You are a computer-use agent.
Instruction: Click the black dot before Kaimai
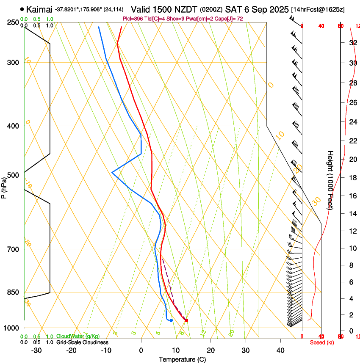point(22,9)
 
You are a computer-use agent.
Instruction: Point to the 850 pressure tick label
point(14,292)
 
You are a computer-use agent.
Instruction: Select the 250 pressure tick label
point(14,22)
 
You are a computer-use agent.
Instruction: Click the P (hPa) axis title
point(4,186)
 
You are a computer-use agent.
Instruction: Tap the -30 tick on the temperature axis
point(36,350)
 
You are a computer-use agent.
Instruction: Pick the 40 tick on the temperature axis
point(280,350)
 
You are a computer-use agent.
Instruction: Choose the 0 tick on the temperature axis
point(141,350)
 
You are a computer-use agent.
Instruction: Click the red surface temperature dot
point(186,320)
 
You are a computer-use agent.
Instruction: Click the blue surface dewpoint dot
point(171,320)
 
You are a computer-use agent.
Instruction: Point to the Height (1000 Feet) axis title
point(330,180)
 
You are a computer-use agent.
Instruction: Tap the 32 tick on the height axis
point(352,43)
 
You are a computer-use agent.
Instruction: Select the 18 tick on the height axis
point(352,178)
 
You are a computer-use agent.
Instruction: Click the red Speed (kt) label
point(322,342)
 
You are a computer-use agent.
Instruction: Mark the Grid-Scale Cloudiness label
point(82,342)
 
